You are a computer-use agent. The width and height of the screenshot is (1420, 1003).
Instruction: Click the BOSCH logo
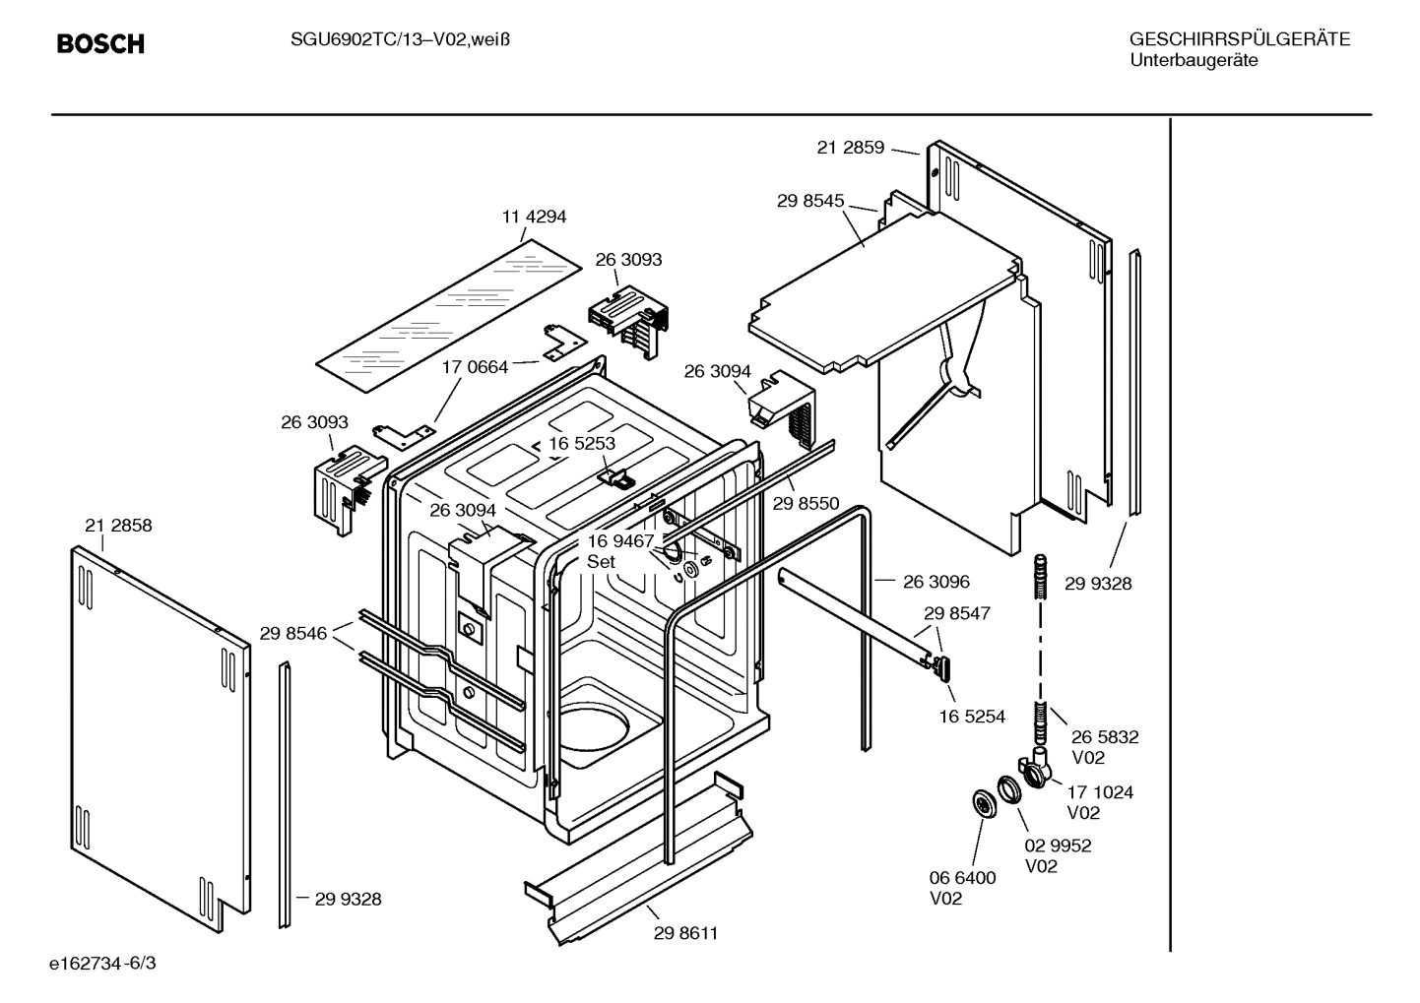(100, 44)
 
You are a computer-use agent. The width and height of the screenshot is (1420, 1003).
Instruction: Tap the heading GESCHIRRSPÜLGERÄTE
(1239, 39)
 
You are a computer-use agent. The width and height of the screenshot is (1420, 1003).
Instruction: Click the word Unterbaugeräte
(1193, 60)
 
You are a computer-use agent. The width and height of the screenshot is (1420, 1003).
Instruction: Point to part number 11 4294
(535, 217)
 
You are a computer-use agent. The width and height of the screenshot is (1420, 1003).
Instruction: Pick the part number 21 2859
(851, 148)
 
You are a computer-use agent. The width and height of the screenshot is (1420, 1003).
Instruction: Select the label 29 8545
(810, 201)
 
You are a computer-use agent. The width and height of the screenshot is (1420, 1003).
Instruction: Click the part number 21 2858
(118, 526)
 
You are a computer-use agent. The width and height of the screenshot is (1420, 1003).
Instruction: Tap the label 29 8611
(685, 933)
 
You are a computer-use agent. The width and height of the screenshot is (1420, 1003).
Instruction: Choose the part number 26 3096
(936, 582)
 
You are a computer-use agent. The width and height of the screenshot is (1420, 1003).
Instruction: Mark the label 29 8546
(293, 633)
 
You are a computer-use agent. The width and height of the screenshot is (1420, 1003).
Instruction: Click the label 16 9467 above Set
(620, 541)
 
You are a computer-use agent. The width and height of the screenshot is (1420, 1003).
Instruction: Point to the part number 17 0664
(475, 367)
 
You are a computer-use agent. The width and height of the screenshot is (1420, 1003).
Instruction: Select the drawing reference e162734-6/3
(102, 963)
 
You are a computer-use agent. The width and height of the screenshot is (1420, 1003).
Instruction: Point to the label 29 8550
(806, 504)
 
